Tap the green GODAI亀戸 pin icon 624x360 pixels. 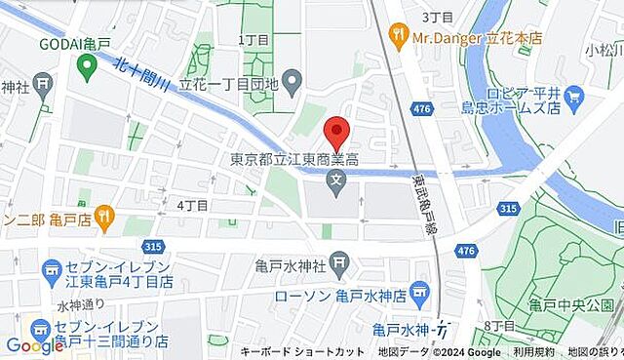87,66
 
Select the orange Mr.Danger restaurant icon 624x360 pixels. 398,36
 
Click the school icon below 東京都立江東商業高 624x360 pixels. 336,180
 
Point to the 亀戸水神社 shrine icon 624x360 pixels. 339,260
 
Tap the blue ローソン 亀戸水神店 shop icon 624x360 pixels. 420,290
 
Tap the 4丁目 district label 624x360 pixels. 193,205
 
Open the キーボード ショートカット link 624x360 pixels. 302,351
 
